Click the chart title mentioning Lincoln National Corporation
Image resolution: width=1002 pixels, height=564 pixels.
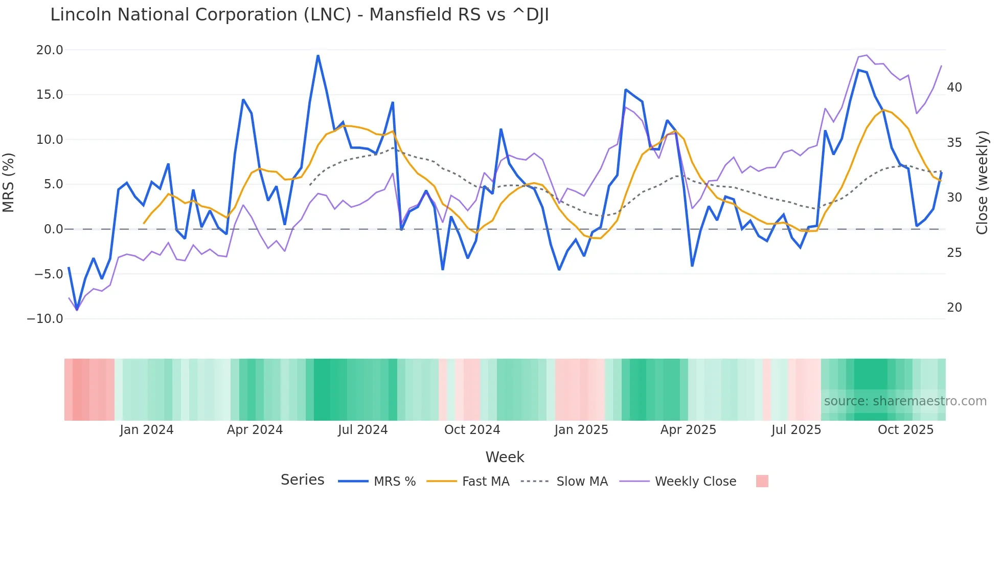tap(300, 15)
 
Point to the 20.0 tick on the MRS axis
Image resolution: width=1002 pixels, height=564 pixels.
tap(50, 50)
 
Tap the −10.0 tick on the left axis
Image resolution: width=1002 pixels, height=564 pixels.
tap(45, 319)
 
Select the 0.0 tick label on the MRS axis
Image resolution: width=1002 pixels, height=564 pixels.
tap(53, 229)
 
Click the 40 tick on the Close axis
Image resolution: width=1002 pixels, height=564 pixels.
tap(954, 88)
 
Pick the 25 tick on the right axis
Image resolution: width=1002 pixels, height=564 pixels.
tap(954, 253)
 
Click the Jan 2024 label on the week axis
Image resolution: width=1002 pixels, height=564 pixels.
tap(147, 430)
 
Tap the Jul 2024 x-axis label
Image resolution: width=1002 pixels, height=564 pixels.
tap(363, 430)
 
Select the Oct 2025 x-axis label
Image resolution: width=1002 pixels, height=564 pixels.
tap(905, 430)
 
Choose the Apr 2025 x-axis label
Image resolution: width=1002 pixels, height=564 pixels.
tap(688, 430)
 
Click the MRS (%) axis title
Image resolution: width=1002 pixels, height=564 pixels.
tap(9, 183)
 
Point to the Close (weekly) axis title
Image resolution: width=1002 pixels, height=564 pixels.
tap(982, 183)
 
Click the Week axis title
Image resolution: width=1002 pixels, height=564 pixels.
tap(505, 457)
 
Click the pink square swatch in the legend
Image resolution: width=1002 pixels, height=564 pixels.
tap(762, 481)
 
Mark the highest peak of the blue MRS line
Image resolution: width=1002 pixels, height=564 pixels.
tap(318, 56)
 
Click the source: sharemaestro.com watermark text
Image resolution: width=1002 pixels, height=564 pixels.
tap(905, 401)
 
